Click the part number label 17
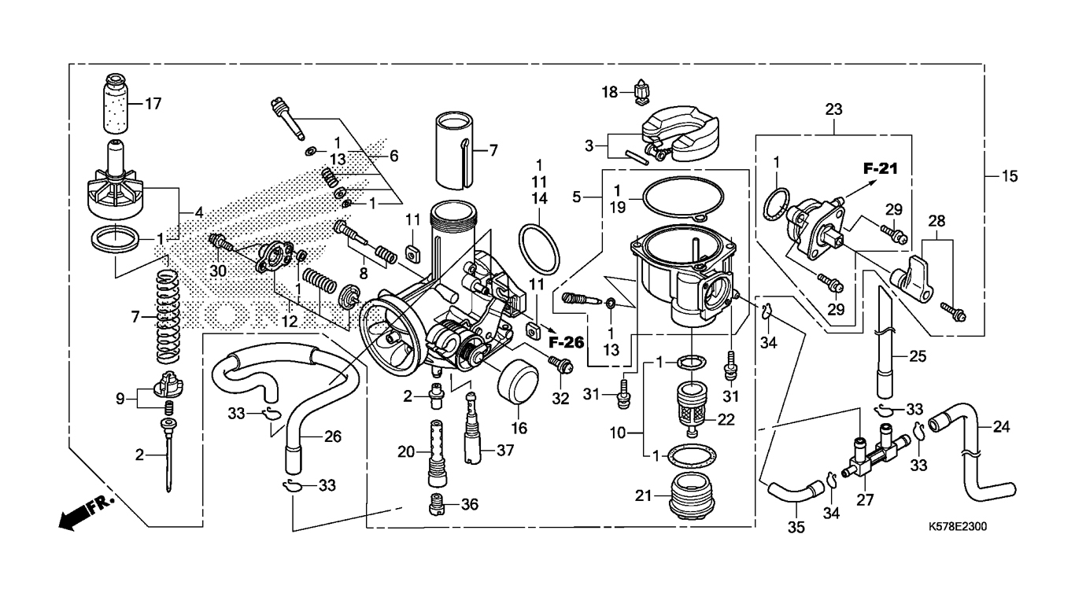click(153, 103)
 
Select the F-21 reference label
click(880, 168)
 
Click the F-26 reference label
click(567, 343)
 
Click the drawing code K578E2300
click(958, 527)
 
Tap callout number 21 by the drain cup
click(643, 495)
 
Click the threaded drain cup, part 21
click(692, 496)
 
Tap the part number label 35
click(796, 527)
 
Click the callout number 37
click(505, 450)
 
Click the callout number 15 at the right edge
click(1010, 176)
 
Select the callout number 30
click(218, 271)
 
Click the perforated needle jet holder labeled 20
click(437, 453)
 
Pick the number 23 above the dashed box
click(833, 109)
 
